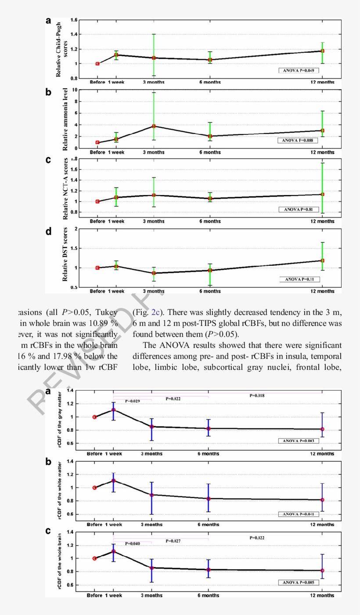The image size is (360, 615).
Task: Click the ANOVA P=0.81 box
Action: coord(299,209)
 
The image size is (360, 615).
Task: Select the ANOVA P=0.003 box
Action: coord(299,441)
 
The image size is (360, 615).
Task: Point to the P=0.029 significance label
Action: coord(133,401)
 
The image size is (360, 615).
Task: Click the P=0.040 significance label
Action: coord(133,543)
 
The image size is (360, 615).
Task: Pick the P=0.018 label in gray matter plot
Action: coord(257,395)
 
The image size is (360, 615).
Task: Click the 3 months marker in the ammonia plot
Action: coord(154,126)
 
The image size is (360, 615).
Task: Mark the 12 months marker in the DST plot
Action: coord(322,260)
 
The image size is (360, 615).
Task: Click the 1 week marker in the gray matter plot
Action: coord(113,410)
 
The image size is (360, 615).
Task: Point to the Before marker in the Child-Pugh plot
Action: coord(97,64)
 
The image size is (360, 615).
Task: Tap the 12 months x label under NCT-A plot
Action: coord(322,221)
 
